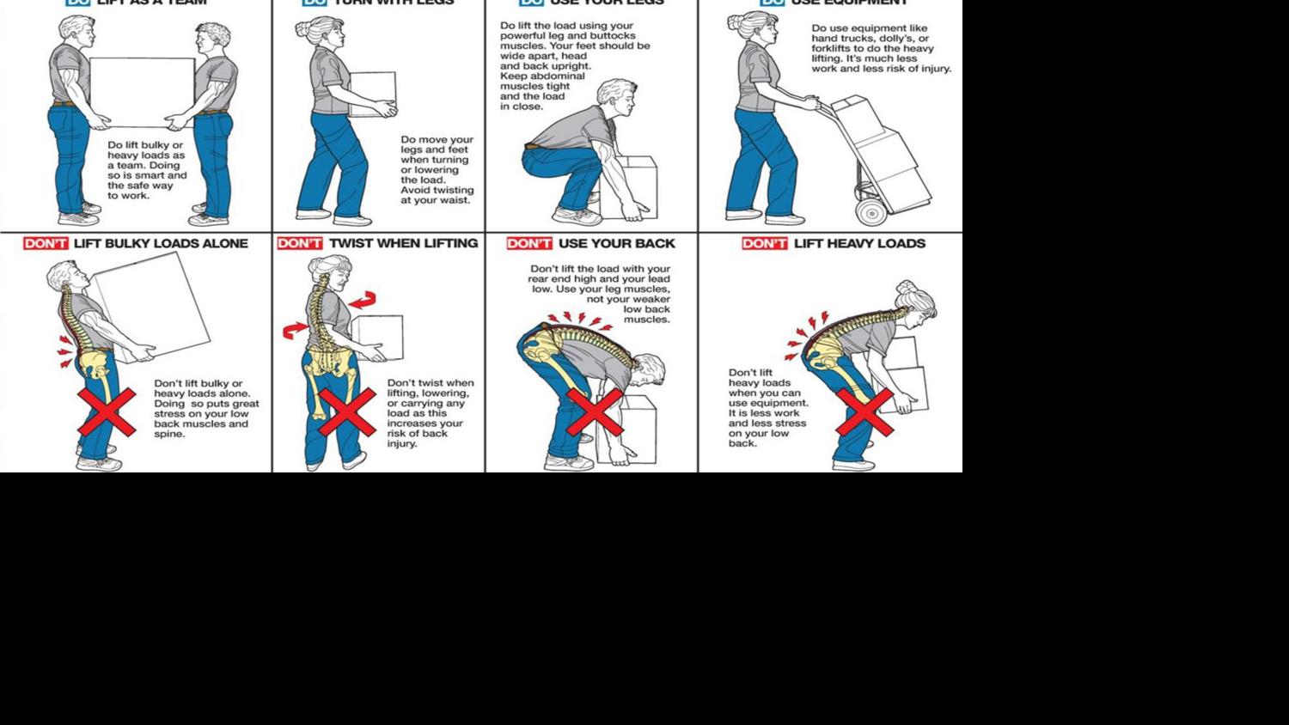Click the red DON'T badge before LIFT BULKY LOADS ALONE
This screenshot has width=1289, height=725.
pos(46,244)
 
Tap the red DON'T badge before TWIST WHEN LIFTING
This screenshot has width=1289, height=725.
pos(300,244)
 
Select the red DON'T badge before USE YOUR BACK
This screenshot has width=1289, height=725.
pos(528,244)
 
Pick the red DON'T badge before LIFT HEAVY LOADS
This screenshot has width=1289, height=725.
pos(765,244)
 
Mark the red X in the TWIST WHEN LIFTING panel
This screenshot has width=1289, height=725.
pos(346,413)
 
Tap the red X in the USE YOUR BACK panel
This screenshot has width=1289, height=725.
pos(595,412)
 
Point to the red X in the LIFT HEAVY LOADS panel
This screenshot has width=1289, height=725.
pos(864,411)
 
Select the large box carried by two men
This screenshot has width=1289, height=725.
pos(142,92)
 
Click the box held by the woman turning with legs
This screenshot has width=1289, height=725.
pos(374,93)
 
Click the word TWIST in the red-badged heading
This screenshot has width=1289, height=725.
pos(350,244)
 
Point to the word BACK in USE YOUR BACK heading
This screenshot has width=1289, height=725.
pos(655,244)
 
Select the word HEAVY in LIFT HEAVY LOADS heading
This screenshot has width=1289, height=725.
pos(853,244)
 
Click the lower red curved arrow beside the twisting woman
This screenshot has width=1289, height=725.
pos(294,331)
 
